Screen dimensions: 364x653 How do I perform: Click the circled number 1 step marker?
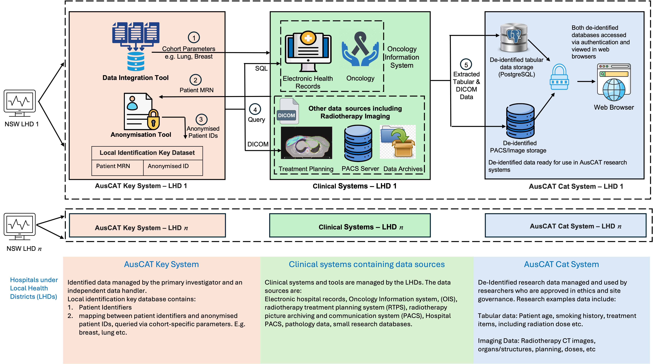194,38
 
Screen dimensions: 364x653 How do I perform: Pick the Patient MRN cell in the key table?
113,166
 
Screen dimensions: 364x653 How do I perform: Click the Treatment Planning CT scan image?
306,143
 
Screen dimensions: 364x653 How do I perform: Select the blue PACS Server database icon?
358,144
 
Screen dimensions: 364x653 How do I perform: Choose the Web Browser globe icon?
614,82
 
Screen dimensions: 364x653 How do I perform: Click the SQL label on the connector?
261,69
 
